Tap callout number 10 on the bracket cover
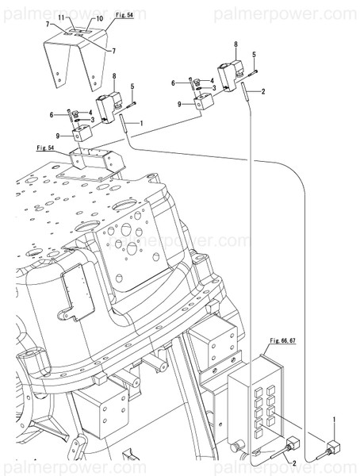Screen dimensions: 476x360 coord(99,17)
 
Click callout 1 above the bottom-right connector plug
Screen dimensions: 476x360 coord(334,418)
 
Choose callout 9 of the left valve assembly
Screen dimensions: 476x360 coord(58,136)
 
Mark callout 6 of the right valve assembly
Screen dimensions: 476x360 coord(174,83)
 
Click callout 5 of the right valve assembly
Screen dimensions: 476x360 coord(254,54)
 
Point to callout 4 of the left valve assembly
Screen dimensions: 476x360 coord(90,112)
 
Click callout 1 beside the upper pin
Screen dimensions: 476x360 coord(140,123)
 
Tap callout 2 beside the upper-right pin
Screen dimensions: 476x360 coord(262,91)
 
